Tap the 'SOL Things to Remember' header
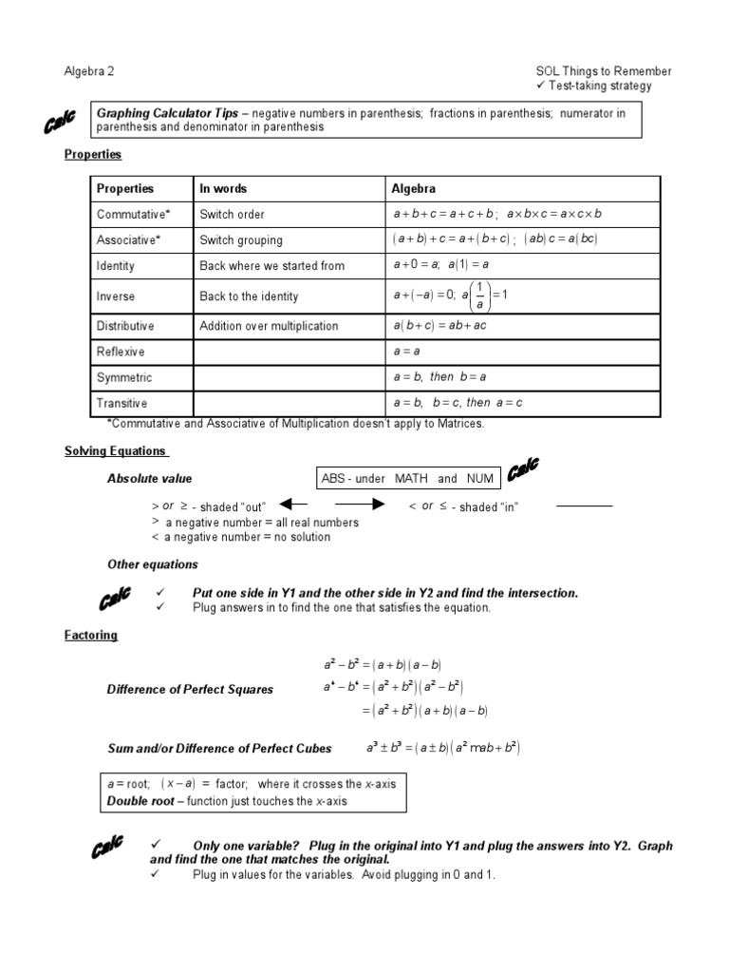(x=603, y=71)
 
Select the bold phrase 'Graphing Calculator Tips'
(x=167, y=113)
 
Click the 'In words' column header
(x=223, y=189)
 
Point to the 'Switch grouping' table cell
(x=241, y=240)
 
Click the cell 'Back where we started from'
(x=271, y=266)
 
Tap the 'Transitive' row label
(x=122, y=403)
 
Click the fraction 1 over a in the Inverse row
(x=479, y=296)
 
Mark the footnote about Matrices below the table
(x=295, y=424)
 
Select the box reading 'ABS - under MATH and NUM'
(x=407, y=479)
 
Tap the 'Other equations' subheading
(x=152, y=564)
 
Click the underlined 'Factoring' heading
(x=91, y=636)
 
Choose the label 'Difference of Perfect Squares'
(x=190, y=690)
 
